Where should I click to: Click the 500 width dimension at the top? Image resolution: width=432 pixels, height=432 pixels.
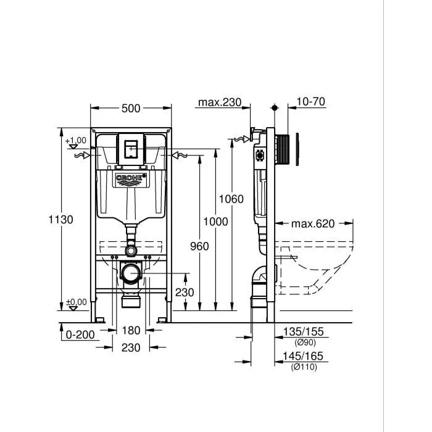131,109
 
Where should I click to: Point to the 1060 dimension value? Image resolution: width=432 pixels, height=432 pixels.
231,199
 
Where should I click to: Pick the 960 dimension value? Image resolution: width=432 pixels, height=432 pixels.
199,246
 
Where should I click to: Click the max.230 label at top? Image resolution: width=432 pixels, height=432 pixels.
219,102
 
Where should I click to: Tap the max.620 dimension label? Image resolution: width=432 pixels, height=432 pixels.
313,223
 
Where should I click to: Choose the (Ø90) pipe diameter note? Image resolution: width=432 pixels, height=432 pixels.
305,343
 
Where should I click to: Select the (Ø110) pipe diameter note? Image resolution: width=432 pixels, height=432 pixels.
305,367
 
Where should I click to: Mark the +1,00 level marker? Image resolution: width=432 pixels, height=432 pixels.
77,141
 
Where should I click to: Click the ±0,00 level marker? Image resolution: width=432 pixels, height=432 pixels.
77,302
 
